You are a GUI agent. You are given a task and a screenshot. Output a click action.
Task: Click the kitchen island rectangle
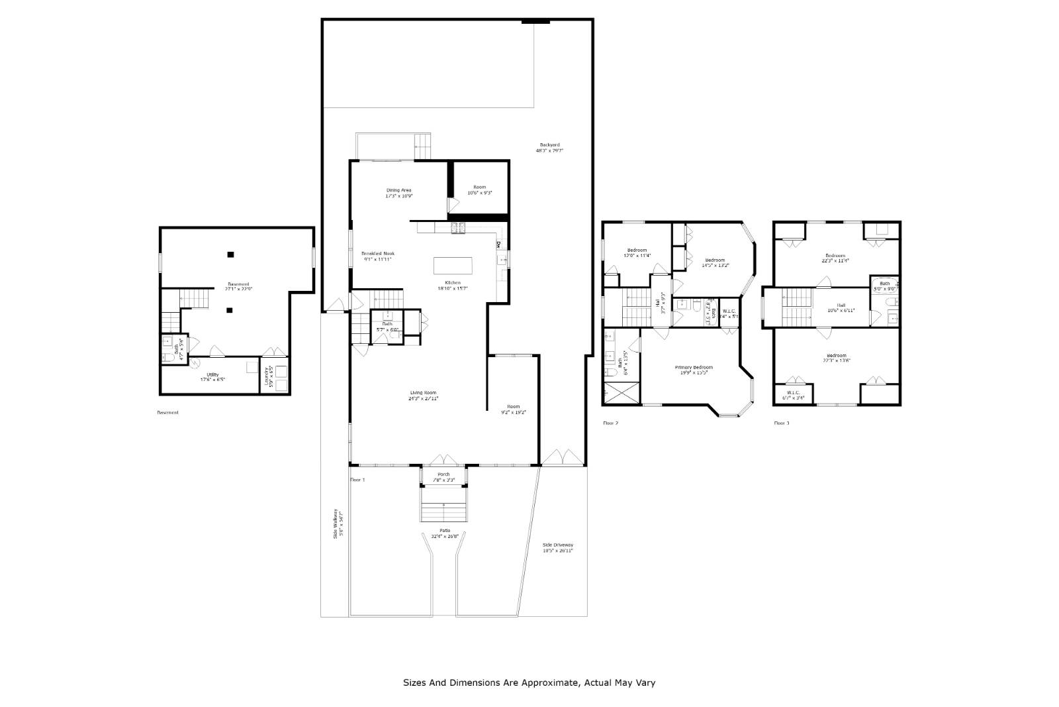tap(453, 266)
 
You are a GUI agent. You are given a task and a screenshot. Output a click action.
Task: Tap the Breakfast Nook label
tap(378, 254)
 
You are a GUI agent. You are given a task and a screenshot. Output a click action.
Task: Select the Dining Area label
tap(399, 190)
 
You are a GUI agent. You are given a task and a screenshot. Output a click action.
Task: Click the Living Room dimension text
tap(424, 399)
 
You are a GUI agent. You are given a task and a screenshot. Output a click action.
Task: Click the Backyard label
tap(549, 144)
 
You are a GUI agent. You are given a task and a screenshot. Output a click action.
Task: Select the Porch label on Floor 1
tap(443, 474)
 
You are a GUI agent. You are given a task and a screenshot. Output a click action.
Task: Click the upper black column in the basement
tap(230, 254)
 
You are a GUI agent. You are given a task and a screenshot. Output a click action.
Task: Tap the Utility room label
tap(212, 375)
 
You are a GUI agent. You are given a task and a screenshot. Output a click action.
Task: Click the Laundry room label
tap(267, 379)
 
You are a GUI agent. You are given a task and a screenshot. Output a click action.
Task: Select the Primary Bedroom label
tap(694, 367)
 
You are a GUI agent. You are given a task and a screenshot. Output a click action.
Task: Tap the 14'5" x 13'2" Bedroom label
tap(715, 260)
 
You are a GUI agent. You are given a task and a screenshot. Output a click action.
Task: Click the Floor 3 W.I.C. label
tap(793, 392)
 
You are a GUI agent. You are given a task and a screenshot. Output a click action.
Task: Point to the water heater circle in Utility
tap(195, 362)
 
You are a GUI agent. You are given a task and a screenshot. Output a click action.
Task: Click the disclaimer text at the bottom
tap(529, 682)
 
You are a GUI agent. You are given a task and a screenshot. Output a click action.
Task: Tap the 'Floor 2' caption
tap(610, 423)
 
